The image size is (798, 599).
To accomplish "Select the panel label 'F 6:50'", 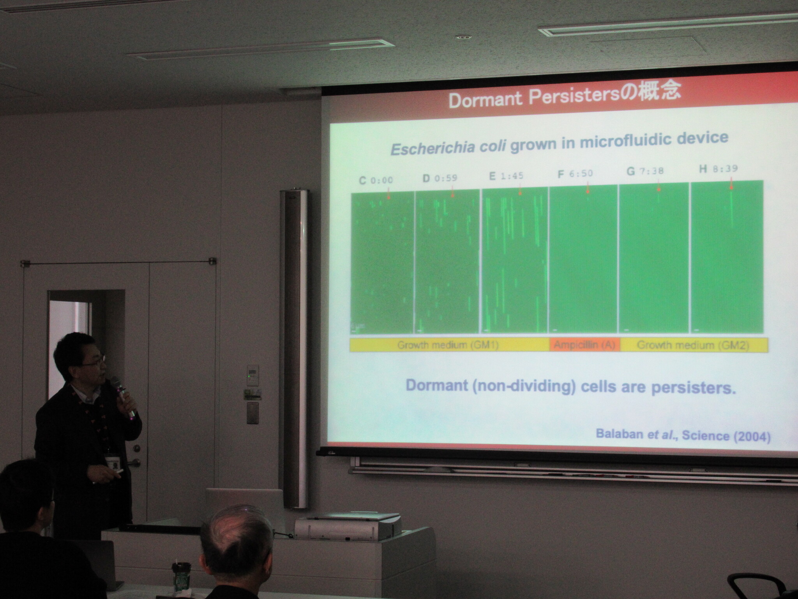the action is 575,174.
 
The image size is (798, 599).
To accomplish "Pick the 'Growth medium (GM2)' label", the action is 692,345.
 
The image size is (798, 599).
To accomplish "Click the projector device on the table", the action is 348,526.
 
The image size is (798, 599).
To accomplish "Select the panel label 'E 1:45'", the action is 506,176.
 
